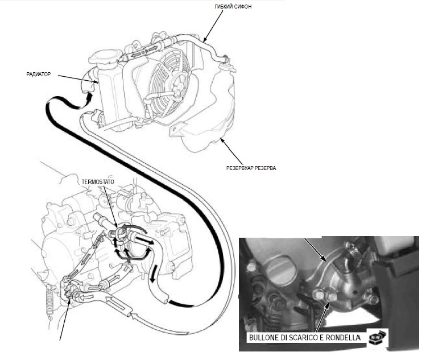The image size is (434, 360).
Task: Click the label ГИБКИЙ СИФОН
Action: click(233, 7)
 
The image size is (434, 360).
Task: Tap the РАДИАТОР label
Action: click(39, 75)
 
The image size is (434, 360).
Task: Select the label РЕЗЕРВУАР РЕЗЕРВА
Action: click(251, 168)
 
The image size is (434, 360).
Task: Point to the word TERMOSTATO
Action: click(98, 182)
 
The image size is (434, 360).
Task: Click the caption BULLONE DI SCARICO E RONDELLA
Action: click(305, 338)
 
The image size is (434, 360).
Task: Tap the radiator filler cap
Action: click(105, 58)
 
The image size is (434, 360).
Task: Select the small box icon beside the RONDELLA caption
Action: click(378, 337)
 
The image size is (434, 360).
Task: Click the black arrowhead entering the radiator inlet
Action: click(89, 97)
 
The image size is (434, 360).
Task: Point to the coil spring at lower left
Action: click(50, 302)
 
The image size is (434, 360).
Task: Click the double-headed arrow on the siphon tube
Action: click(144, 52)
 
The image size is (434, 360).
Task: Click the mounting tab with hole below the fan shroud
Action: click(177, 130)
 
